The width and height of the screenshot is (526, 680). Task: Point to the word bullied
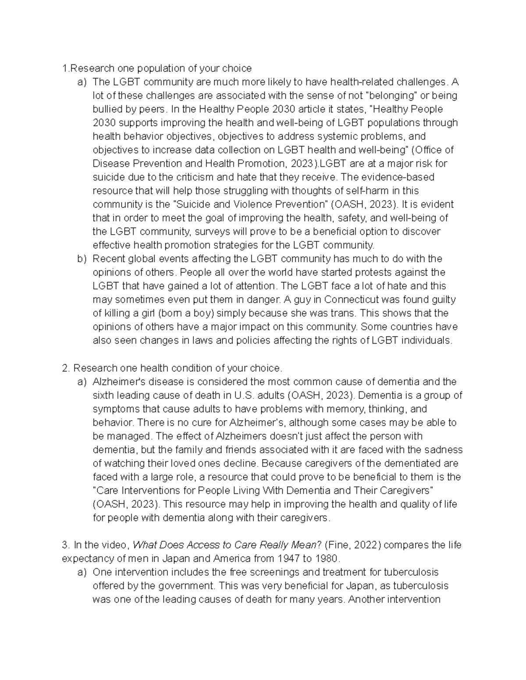pos(108,109)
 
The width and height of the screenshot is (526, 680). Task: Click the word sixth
pos(104,395)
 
